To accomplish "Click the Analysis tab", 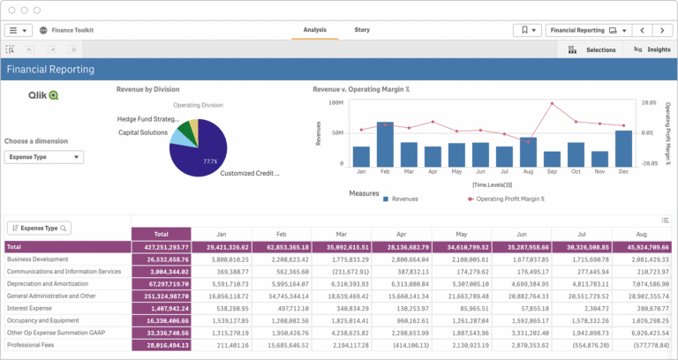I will [x=315, y=30].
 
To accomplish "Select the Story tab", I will [x=362, y=30].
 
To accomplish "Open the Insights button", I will [x=652, y=50].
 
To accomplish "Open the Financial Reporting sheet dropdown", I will [x=587, y=30].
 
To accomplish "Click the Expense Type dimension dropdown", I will [x=44, y=157].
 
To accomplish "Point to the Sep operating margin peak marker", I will [x=552, y=103].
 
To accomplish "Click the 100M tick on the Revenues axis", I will [x=335, y=102].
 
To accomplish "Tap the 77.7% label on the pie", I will [x=210, y=161].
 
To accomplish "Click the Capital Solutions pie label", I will [x=142, y=132].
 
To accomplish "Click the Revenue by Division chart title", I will [x=148, y=89].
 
